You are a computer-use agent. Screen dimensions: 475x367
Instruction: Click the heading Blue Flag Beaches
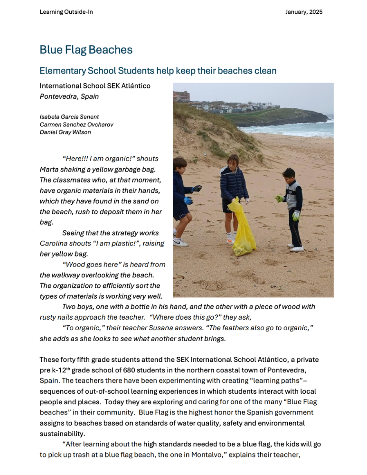pos(86,50)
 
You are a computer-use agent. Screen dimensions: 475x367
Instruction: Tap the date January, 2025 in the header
pos(304,12)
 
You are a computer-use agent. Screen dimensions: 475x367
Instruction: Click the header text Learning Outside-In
pos(66,12)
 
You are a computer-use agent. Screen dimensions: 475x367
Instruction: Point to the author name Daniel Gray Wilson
pos(65,132)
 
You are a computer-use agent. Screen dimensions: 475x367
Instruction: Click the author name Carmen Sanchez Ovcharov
pos(76,124)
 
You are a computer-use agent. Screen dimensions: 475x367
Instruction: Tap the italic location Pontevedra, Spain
pos(69,96)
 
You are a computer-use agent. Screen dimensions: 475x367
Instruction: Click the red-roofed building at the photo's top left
pos(181,96)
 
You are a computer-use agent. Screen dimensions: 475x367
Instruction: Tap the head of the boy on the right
pos(289,174)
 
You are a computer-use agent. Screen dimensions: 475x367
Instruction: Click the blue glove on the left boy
pos(188,200)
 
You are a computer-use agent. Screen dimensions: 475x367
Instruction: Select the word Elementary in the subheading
pos(62,71)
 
